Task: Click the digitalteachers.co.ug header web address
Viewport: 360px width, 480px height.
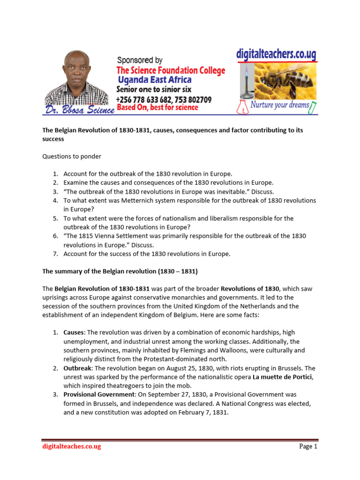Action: click(x=276, y=54)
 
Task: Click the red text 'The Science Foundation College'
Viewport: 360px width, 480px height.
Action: click(x=171, y=70)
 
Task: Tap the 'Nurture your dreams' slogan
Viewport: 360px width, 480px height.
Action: click(x=280, y=105)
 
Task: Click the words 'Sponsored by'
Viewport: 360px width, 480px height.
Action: click(x=140, y=60)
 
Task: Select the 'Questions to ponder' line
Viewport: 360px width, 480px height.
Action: click(x=72, y=157)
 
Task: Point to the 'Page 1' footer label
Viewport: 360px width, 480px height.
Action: click(x=308, y=446)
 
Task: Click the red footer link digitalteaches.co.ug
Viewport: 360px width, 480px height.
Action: click(x=72, y=446)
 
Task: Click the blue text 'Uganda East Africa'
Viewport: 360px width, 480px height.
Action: click(x=155, y=80)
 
